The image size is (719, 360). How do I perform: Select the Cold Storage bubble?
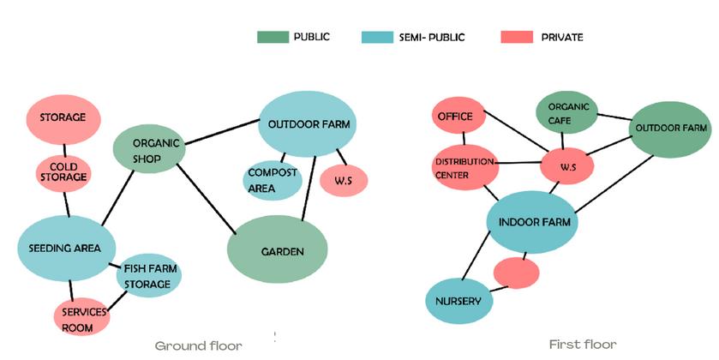[x=63, y=171]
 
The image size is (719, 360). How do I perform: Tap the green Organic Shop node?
[x=149, y=150]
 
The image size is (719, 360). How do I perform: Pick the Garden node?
[x=278, y=250]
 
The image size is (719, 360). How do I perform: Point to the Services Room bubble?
[x=83, y=316]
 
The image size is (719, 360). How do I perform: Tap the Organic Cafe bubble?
[x=566, y=114]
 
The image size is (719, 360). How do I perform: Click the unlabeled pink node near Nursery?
[x=517, y=273]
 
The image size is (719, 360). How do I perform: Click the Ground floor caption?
[x=198, y=346]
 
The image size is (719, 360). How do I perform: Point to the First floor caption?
[x=582, y=345]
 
